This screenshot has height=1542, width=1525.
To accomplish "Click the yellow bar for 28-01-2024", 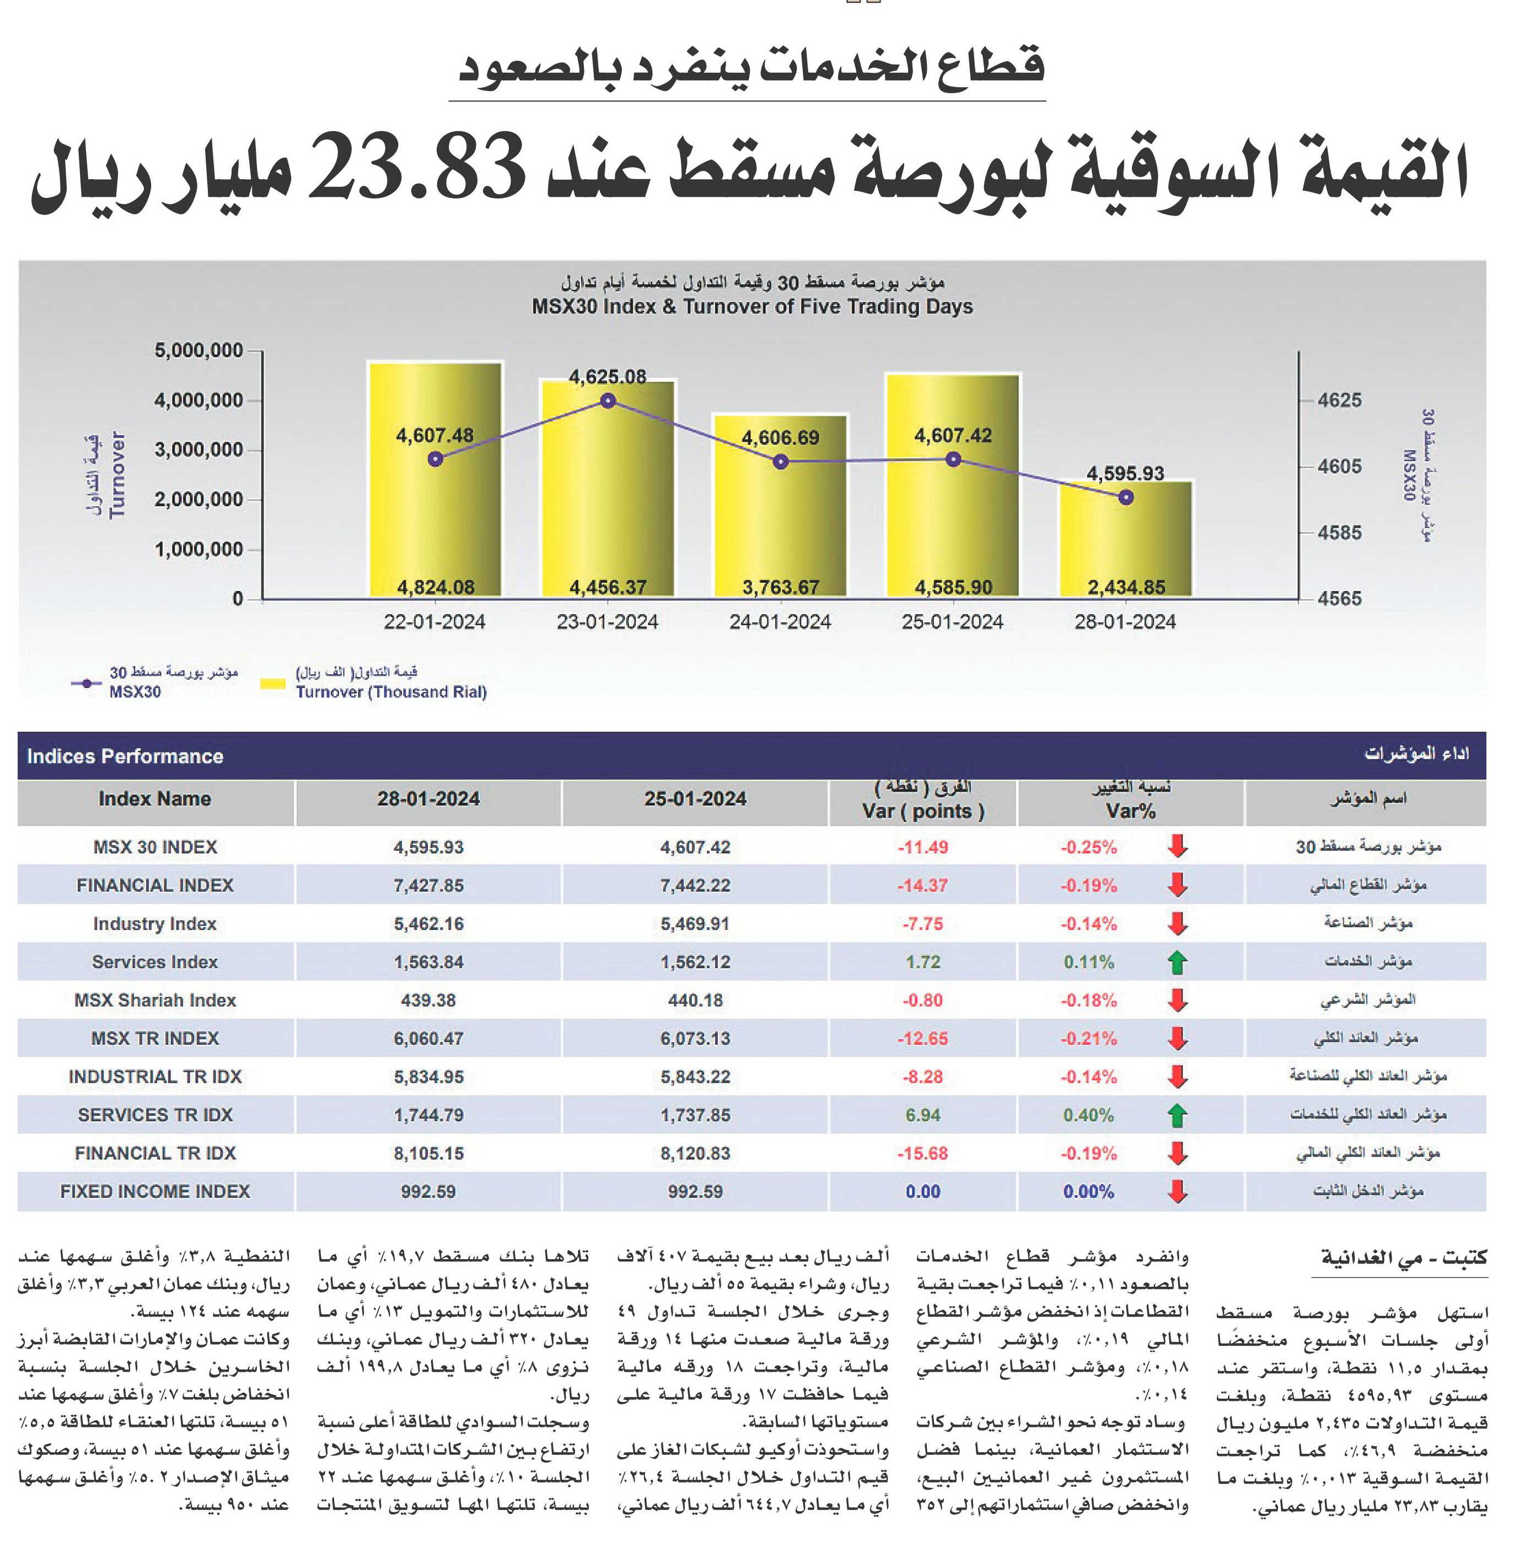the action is pyautogui.click(x=1125, y=539).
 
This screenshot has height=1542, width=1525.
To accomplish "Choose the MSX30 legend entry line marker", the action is pyautogui.click(x=86, y=683).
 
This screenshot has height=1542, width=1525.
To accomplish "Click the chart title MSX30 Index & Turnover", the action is pyautogui.click(x=753, y=307).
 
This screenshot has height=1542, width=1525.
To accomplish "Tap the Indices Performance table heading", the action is pyautogui.click(x=125, y=756).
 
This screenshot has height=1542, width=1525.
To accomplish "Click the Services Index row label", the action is pyautogui.click(x=155, y=962).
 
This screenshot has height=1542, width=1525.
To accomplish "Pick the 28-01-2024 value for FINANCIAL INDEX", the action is pyautogui.click(x=428, y=885).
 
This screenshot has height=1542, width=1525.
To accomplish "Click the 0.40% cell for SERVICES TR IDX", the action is pyautogui.click(x=1088, y=1115).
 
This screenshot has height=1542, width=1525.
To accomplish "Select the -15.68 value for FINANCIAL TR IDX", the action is pyautogui.click(x=923, y=1153).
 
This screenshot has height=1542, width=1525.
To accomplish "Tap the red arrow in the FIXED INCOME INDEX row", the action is pyautogui.click(x=1177, y=1191).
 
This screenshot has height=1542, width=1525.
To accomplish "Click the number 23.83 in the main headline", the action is pyautogui.click(x=417, y=168).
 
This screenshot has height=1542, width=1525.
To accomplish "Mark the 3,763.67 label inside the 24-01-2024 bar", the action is pyautogui.click(x=781, y=588).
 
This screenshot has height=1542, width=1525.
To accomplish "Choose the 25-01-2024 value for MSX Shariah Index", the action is pyautogui.click(x=695, y=1000).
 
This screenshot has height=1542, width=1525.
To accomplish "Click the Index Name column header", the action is pyautogui.click(x=155, y=799).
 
